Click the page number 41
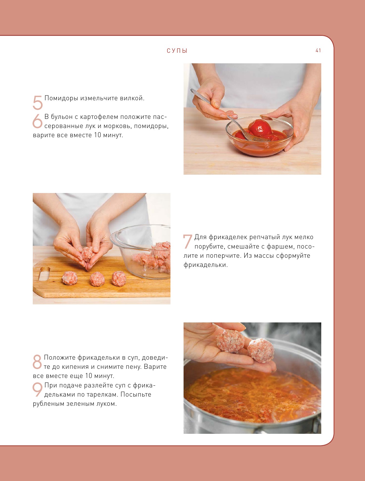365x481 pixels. (318, 50)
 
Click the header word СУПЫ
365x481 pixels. (177, 51)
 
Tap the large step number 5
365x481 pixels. (38, 103)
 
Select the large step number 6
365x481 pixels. (37, 121)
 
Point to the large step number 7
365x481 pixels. (188, 241)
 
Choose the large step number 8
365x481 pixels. (37, 362)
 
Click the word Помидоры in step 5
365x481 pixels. (61, 98)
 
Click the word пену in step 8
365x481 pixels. (135, 367)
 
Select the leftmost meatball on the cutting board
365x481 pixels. (70, 278)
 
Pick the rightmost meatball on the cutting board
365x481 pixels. (119, 279)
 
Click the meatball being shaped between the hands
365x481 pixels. (88, 254)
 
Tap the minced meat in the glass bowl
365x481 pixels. (153, 258)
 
